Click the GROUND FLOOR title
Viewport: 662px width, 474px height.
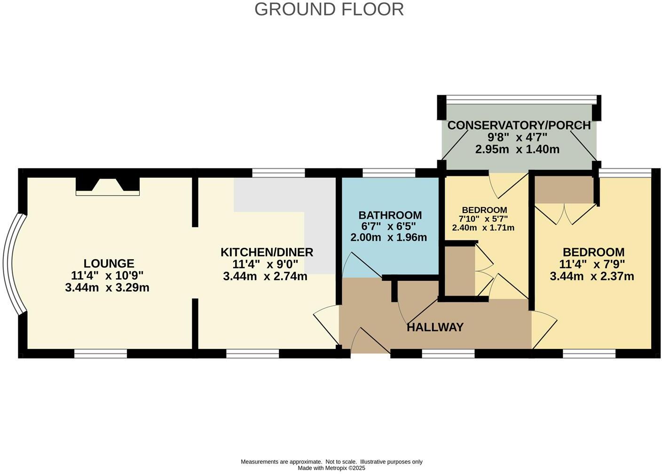coord(329,9)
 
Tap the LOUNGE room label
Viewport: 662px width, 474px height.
coord(109,263)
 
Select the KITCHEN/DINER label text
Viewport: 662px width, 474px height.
coord(267,252)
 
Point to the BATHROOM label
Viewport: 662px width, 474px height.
coord(390,215)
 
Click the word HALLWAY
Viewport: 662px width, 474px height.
coord(435,327)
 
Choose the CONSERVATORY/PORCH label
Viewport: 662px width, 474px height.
coord(519,126)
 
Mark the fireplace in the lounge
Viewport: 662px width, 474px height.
coord(108,185)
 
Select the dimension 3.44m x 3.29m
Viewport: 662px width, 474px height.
coord(107,287)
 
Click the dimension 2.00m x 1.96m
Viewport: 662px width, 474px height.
coord(388,237)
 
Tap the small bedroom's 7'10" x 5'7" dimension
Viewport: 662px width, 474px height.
coord(484,219)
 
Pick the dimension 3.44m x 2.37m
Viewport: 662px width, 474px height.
coord(591,276)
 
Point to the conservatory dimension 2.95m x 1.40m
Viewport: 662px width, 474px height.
coord(517,150)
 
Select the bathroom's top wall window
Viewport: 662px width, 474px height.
coord(389,173)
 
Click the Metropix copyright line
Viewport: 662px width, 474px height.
coord(331,468)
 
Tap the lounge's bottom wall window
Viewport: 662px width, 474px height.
coord(101,353)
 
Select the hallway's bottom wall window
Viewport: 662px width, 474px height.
coord(448,353)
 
